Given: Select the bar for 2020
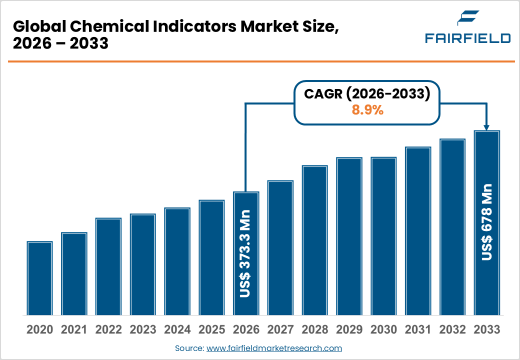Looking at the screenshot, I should pyautogui.click(x=40, y=278).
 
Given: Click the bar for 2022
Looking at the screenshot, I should pyautogui.click(x=108, y=266).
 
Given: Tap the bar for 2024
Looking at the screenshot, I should pyautogui.click(x=177, y=261).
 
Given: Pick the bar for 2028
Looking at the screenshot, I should pyautogui.click(x=314, y=240).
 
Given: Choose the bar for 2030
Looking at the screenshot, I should pyautogui.click(x=383, y=236).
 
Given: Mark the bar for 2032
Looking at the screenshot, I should pyautogui.click(x=452, y=227).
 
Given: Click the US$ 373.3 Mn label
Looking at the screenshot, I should pyautogui.click(x=245, y=254).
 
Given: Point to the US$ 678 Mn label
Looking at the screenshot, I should pyautogui.click(x=486, y=222).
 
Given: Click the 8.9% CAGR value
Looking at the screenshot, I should pyautogui.click(x=367, y=110).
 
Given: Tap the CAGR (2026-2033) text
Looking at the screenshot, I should pyautogui.click(x=367, y=94).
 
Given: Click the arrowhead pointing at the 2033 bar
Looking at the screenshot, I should pyautogui.click(x=487, y=127).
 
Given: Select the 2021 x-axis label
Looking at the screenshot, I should pyautogui.click(x=74, y=329).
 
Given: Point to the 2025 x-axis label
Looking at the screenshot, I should pyautogui.click(x=211, y=329).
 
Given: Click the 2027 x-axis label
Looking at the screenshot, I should pyautogui.click(x=280, y=329).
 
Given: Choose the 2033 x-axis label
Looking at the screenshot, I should pyautogui.click(x=486, y=329).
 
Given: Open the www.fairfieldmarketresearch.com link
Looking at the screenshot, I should pyautogui.click(x=274, y=348).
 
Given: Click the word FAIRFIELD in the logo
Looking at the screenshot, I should pyautogui.click(x=467, y=38).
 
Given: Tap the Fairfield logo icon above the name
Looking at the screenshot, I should pyautogui.click(x=467, y=18).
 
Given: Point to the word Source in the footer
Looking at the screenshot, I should pyautogui.click(x=189, y=348).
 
